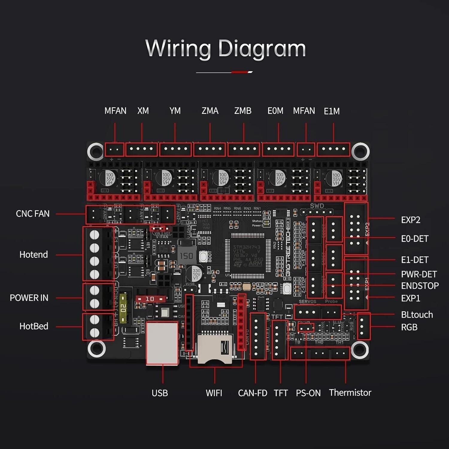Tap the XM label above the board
coord(143,111)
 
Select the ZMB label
coord(243,111)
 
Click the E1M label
coord(332,111)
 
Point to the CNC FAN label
coord(33,214)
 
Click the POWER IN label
coord(29,298)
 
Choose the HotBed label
coord(34,326)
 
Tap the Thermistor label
coord(350,392)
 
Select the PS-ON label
coord(308,393)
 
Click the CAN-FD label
coord(252,393)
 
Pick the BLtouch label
coord(417,315)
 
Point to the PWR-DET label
coord(419,274)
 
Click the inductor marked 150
coord(186,256)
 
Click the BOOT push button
coord(204,257)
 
